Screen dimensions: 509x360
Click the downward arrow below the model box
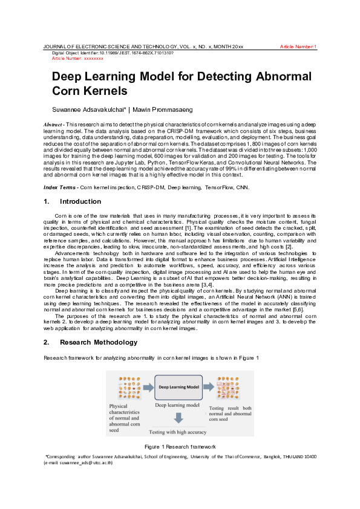[178, 418]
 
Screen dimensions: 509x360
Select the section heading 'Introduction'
[80, 201]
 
